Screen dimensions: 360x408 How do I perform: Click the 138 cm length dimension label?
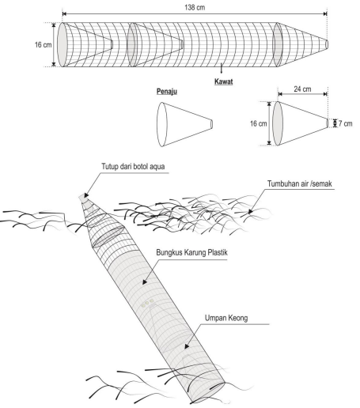point(195,7)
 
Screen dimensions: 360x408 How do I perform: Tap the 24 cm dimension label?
point(302,89)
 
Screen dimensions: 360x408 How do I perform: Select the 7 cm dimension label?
point(345,123)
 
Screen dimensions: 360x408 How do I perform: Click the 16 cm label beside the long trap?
point(44,45)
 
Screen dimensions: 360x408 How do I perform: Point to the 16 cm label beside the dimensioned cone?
point(259,123)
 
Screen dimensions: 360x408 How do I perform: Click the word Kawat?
point(223,81)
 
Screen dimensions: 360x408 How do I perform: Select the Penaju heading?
point(167,92)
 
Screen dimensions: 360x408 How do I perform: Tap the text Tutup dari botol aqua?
point(133,167)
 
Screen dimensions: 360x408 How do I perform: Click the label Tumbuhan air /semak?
point(300,183)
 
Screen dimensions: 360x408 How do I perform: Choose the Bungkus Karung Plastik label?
point(191,252)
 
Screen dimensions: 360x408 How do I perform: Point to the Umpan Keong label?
point(226,318)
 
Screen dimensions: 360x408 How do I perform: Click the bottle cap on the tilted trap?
point(84,197)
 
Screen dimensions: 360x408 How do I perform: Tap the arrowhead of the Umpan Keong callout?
point(187,346)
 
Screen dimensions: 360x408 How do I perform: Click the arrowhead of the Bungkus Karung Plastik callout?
point(145,281)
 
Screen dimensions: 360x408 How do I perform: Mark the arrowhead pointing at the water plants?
point(250,211)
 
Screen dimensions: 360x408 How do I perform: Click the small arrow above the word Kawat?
point(222,70)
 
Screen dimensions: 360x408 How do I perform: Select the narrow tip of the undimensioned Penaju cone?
point(211,124)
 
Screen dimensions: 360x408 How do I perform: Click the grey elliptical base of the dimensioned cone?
point(278,123)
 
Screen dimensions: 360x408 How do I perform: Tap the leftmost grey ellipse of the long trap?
point(63,44)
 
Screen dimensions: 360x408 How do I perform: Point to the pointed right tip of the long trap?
point(327,44)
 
